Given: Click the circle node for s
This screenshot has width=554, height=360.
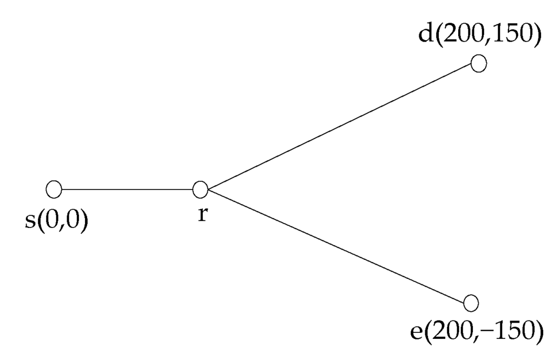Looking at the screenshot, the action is [x=54, y=189].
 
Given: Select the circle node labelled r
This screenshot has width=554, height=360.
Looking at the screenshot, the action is [x=200, y=189].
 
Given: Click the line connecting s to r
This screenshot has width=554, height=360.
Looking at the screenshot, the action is [x=127, y=189].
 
